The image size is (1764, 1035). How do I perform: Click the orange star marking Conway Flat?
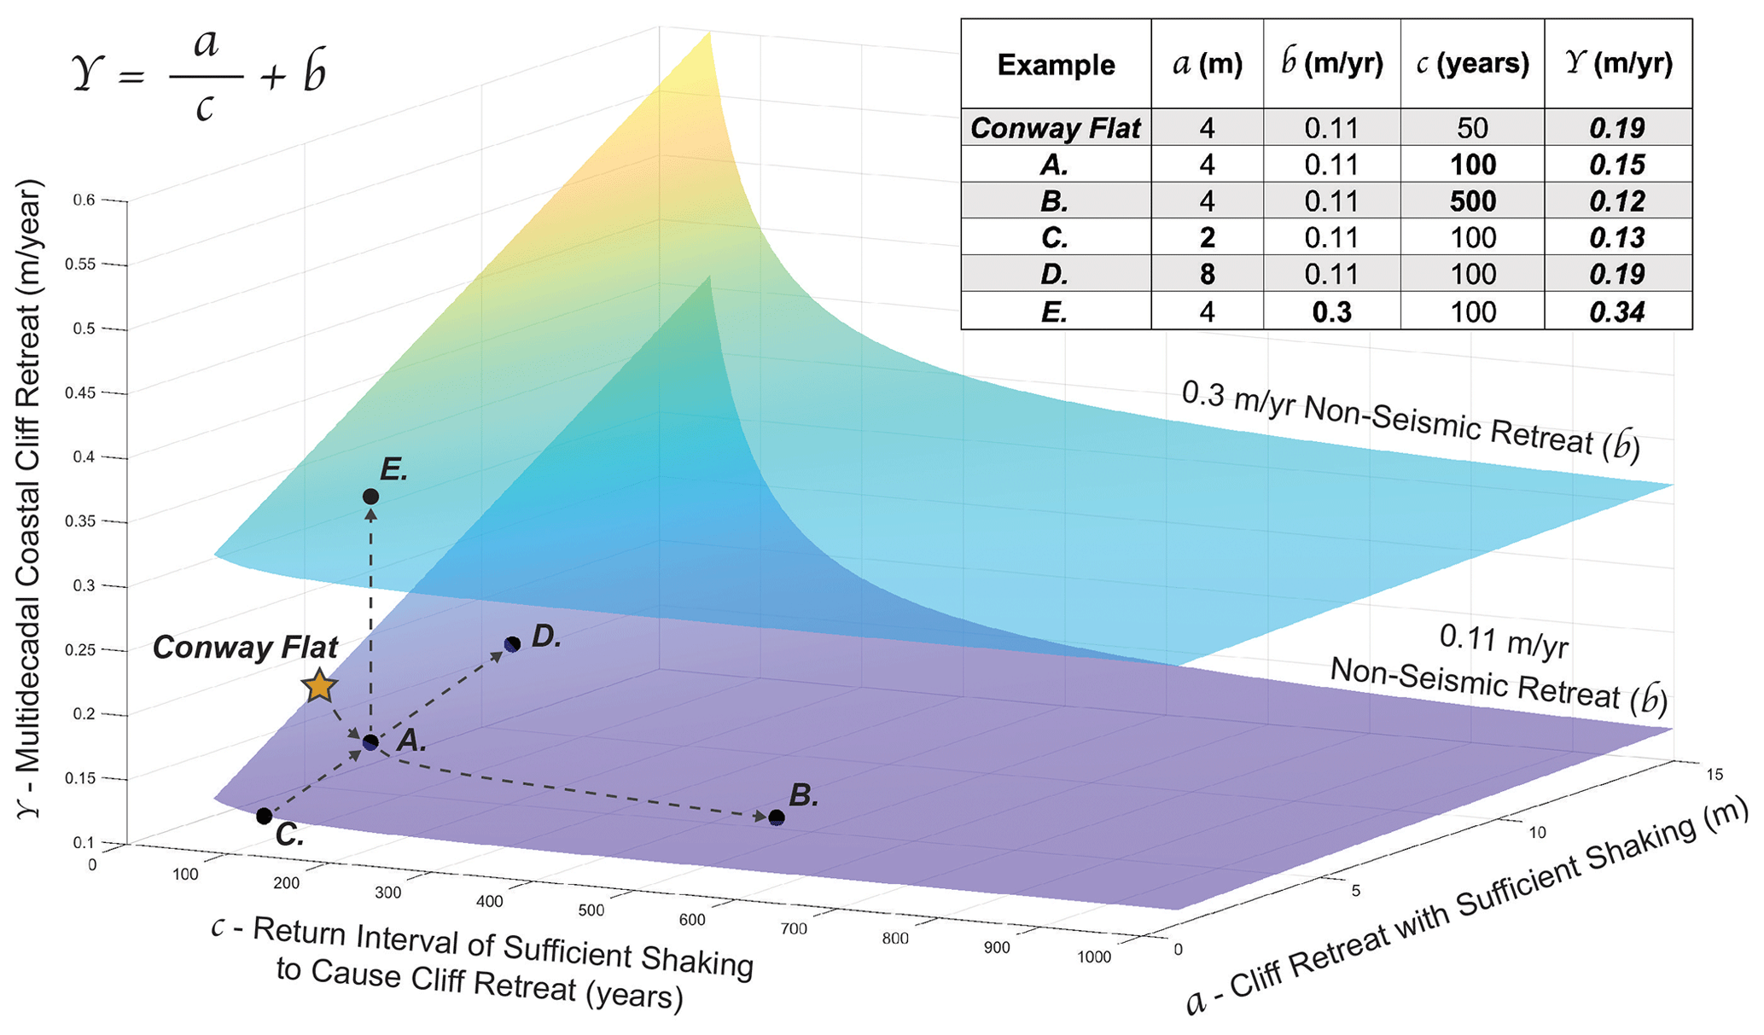(319, 686)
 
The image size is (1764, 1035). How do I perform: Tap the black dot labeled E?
(370, 497)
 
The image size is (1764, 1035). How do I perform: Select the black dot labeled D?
(512, 644)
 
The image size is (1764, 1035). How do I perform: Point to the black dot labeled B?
(777, 818)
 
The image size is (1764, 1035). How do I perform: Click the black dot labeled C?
(265, 817)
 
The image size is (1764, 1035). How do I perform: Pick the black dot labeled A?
(370, 742)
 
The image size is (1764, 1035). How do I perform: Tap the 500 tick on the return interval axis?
(591, 910)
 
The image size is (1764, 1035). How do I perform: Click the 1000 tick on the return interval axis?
(1094, 957)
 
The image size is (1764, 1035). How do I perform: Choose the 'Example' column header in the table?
(1056, 65)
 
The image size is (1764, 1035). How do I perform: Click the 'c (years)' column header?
(1472, 65)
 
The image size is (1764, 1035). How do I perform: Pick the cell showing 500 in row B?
(1472, 201)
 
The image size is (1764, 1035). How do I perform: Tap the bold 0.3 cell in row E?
(1331, 312)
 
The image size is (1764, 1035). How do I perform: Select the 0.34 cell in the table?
(1617, 312)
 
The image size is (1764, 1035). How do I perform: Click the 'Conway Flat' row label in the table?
(1056, 128)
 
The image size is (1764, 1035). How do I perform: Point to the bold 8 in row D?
(1207, 275)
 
